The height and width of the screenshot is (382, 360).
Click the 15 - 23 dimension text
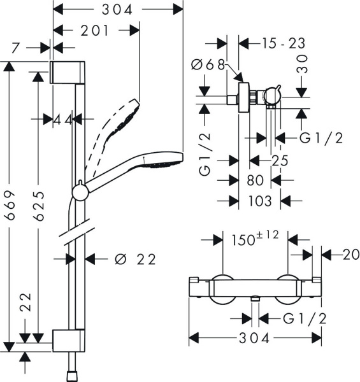(284, 43)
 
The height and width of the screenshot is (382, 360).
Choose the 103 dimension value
(259, 201)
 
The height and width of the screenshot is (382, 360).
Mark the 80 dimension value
(255, 181)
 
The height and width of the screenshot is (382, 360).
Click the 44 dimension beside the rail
(64, 119)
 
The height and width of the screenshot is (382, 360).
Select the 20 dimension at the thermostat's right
(342, 254)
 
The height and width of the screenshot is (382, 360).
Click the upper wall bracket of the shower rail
(67, 72)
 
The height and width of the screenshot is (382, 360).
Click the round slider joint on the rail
(80, 191)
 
